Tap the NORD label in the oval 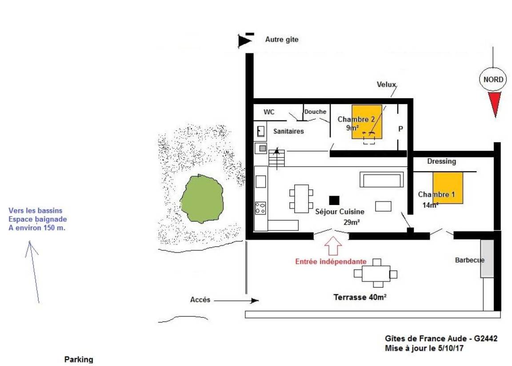[x=493, y=80]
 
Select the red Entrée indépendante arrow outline [x=333, y=245]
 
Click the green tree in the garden [x=202, y=199]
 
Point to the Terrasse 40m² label [x=360, y=297]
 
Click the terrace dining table [x=376, y=273]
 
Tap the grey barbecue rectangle [x=487, y=258]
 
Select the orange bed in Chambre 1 [x=448, y=188]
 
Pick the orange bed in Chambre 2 [x=367, y=121]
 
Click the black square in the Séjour [x=334, y=200]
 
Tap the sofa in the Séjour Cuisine [x=381, y=179]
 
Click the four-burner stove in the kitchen [x=260, y=208]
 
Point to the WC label [x=269, y=112]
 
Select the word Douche [x=316, y=112]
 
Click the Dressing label [x=441, y=161]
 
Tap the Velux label [x=386, y=84]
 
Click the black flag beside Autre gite [x=245, y=40]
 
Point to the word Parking [x=79, y=359]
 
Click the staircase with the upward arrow [x=276, y=158]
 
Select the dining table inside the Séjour [x=301, y=199]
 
